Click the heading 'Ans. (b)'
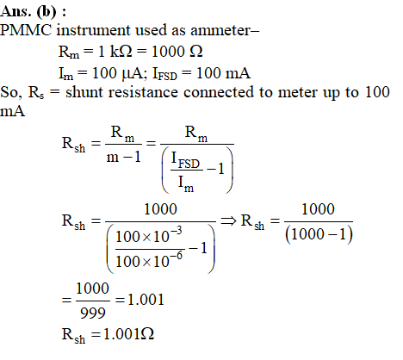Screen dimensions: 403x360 (28, 11)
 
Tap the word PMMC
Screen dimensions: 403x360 (26, 30)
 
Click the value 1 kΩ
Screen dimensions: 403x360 (115, 52)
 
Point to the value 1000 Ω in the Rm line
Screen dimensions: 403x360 (177, 52)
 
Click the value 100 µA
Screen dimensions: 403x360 (117, 73)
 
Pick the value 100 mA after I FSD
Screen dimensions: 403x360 (223, 73)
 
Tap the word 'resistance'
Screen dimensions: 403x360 (143, 92)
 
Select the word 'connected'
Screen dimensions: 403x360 (219, 92)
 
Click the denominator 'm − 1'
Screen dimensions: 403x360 (124, 157)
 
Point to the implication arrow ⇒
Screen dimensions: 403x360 (228, 220)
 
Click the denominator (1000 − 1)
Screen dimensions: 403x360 (319, 234)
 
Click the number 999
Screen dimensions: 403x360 (93, 313)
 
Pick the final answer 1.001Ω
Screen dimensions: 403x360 (128, 334)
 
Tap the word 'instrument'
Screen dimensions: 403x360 (93, 30)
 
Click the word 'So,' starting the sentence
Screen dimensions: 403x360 (11, 92)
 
